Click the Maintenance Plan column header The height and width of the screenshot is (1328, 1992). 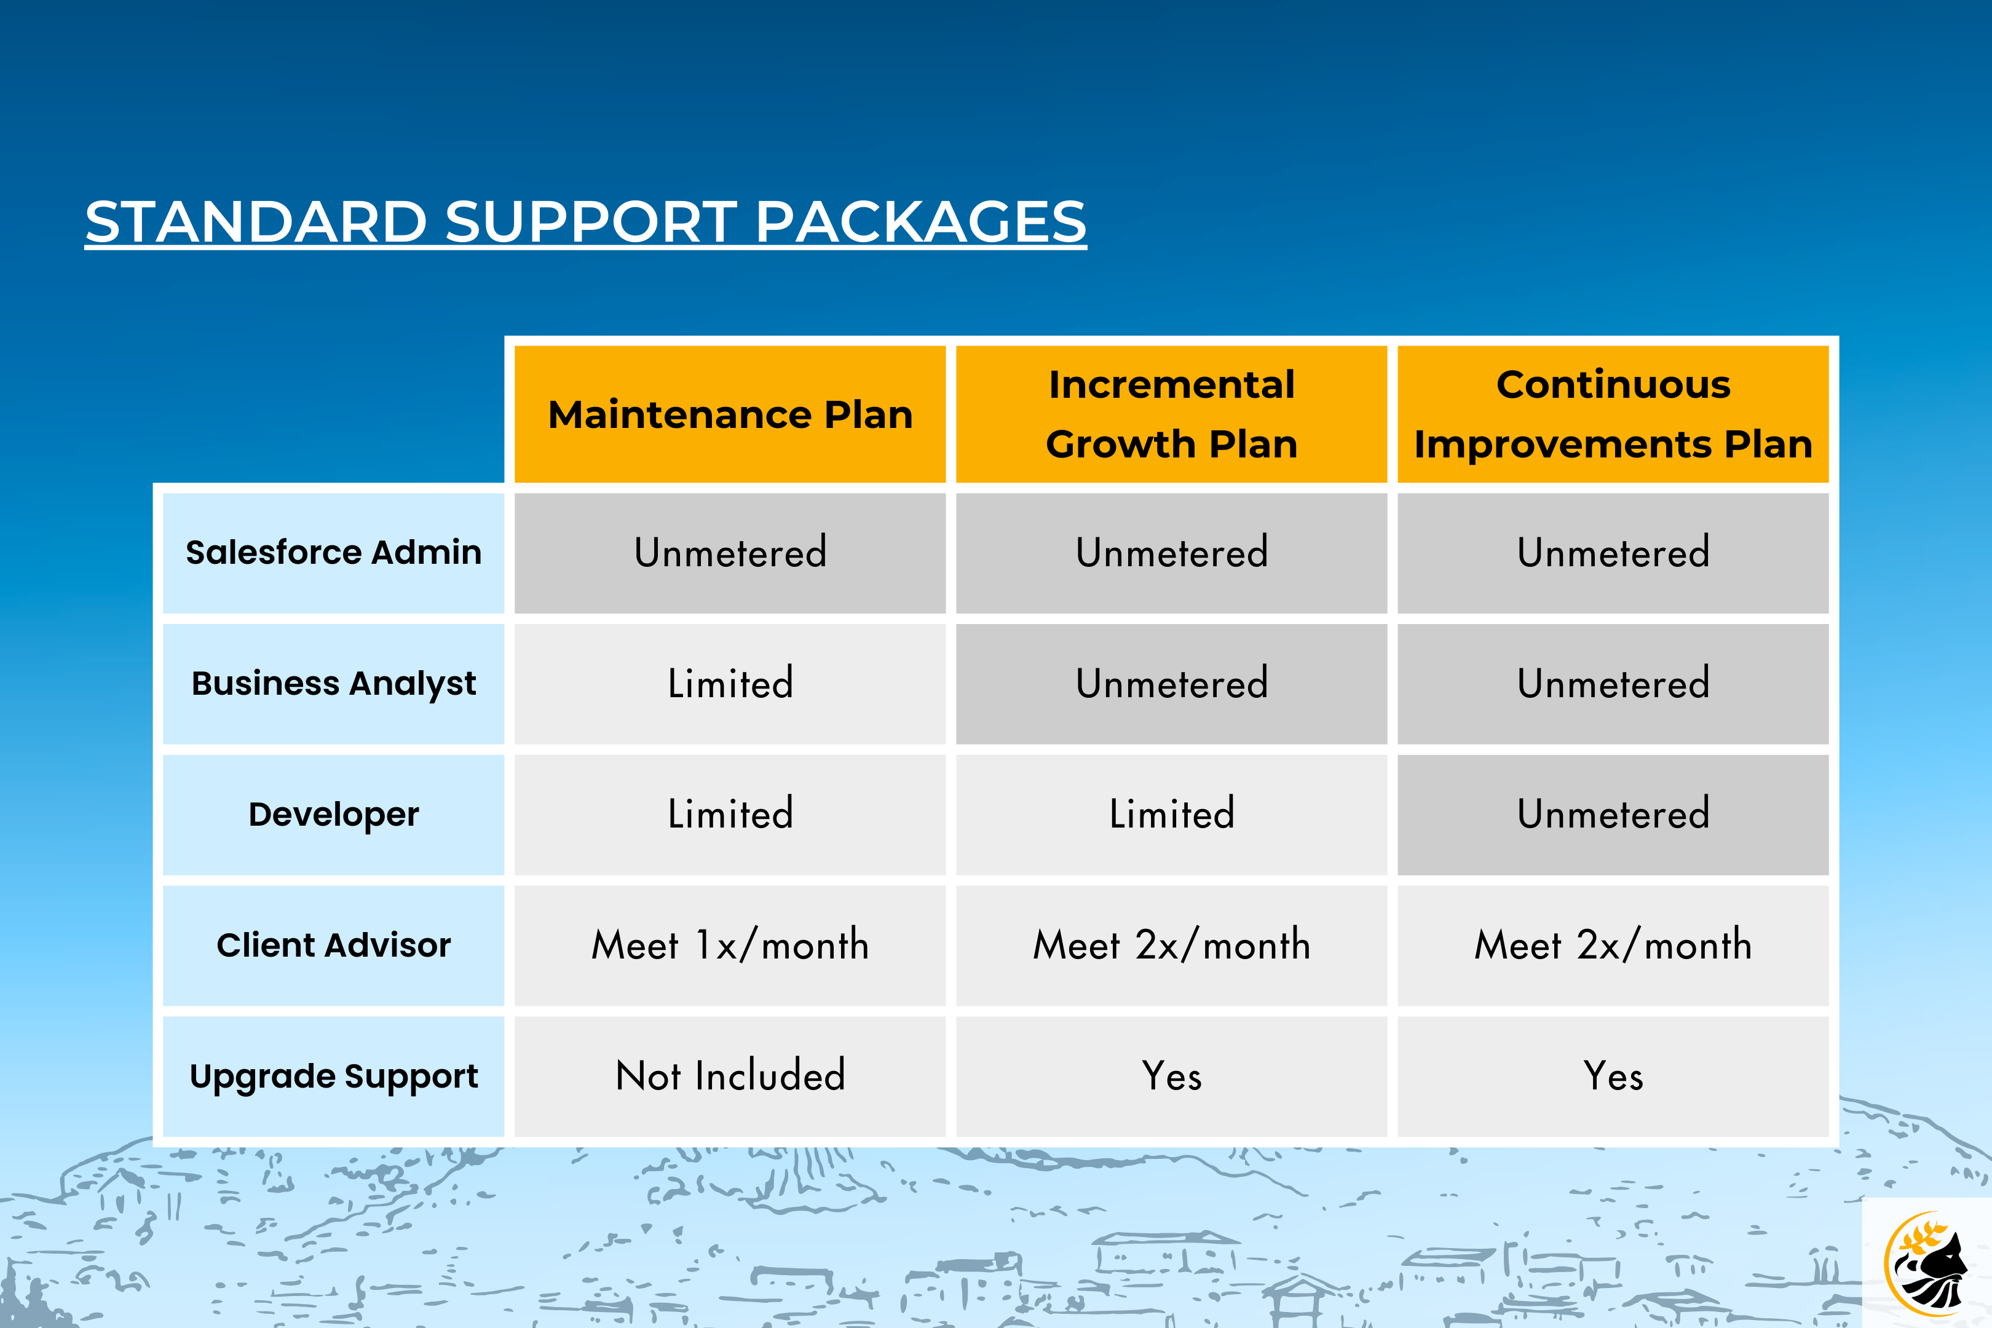point(730,414)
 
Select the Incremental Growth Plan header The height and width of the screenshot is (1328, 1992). point(1171,414)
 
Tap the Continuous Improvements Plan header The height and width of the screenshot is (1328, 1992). point(1613,414)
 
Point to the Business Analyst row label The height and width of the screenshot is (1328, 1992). point(334,684)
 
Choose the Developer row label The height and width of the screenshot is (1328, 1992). point(334,815)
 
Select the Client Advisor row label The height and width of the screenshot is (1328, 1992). point(334,945)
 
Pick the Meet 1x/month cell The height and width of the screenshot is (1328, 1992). point(730,945)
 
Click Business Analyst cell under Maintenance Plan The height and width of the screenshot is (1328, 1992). point(730,684)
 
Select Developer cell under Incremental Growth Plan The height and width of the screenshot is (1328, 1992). point(1171,815)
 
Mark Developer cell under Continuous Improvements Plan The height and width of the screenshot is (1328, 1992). point(1613,815)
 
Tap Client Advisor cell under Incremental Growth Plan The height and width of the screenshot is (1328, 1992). point(1171,945)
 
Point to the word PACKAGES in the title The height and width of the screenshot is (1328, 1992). point(920,222)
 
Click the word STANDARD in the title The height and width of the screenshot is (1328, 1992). point(256,222)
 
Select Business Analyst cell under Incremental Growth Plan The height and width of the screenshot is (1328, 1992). point(1171,684)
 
